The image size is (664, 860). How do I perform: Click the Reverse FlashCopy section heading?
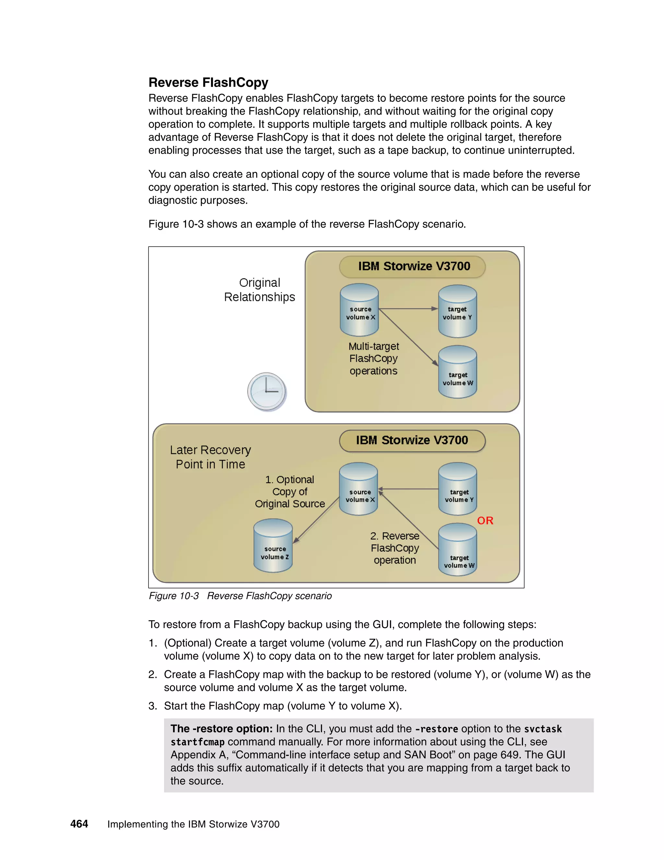pyautogui.click(x=208, y=83)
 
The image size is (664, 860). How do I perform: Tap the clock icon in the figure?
pyautogui.click(x=267, y=391)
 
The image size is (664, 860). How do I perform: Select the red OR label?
pyautogui.click(x=485, y=521)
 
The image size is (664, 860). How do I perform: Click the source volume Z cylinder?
pyautogui.click(x=273, y=546)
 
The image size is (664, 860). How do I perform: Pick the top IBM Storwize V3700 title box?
pyautogui.click(x=412, y=266)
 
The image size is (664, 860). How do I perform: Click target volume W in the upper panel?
pyautogui.click(x=457, y=372)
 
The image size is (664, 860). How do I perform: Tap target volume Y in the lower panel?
pyautogui.click(x=457, y=489)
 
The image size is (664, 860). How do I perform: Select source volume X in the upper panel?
pyautogui.click(x=359, y=310)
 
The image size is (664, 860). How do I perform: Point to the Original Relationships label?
pyautogui.click(x=260, y=290)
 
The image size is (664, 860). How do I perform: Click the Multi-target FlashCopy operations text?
pyautogui.click(x=374, y=358)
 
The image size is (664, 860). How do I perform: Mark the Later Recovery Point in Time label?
pyautogui.click(x=210, y=457)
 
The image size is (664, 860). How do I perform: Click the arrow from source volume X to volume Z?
pyautogui.click(x=316, y=520)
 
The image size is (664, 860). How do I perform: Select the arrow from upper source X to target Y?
pyautogui.click(x=408, y=309)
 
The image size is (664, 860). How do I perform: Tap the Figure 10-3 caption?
pyautogui.click(x=240, y=596)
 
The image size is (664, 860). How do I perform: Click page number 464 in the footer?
pyautogui.click(x=79, y=824)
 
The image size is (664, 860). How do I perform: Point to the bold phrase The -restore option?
pyautogui.click(x=221, y=729)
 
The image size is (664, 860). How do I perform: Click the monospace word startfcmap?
pyautogui.click(x=197, y=742)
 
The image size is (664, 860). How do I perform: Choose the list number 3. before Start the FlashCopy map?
pyautogui.click(x=153, y=706)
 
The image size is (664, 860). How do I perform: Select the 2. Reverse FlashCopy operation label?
pyautogui.click(x=395, y=548)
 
